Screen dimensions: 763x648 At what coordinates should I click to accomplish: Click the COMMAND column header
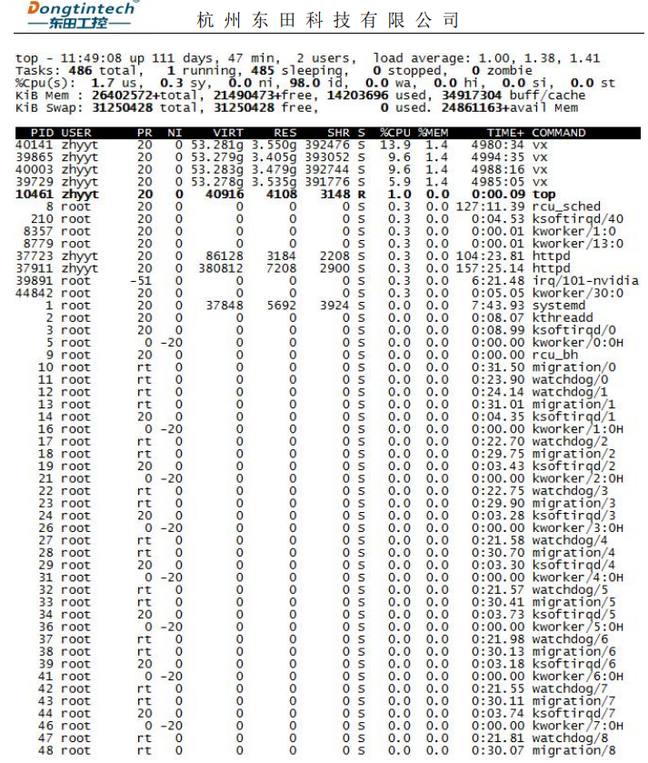(x=558, y=133)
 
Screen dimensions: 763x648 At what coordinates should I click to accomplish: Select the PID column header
(x=41, y=133)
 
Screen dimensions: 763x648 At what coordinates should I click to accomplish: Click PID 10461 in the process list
(x=35, y=194)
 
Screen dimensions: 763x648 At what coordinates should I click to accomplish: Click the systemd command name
(x=559, y=306)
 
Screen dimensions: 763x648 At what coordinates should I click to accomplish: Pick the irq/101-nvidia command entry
(x=585, y=281)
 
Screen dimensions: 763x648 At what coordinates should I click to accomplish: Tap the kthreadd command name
(x=563, y=318)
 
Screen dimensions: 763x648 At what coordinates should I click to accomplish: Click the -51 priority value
(x=145, y=281)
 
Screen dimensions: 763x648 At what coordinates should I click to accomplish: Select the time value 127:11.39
(x=490, y=206)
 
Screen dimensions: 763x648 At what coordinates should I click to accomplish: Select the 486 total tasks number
(x=81, y=70)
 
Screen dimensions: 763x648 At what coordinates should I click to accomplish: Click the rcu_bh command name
(x=555, y=356)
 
